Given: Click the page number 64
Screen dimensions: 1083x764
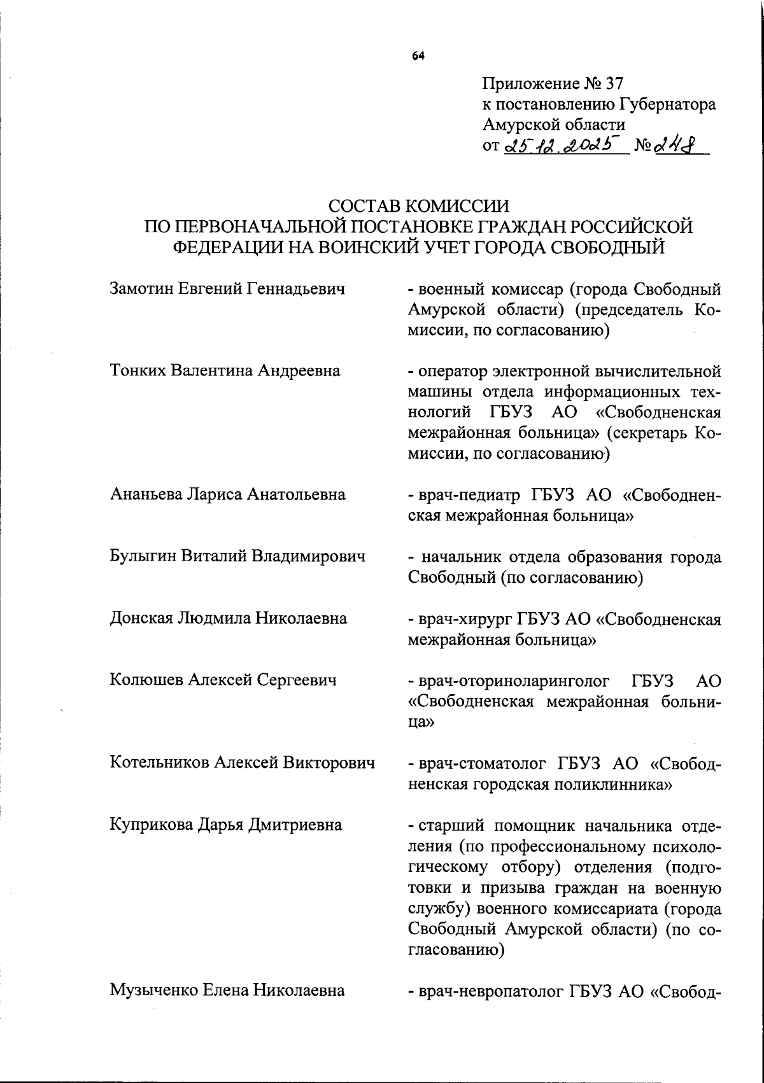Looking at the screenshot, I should coord(418,57).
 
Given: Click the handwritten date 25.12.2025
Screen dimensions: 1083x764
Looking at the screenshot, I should coord(562,147).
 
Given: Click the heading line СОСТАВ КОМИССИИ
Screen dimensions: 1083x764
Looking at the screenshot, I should coord(419,206).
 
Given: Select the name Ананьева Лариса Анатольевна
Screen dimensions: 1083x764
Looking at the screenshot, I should coord(227,494).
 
